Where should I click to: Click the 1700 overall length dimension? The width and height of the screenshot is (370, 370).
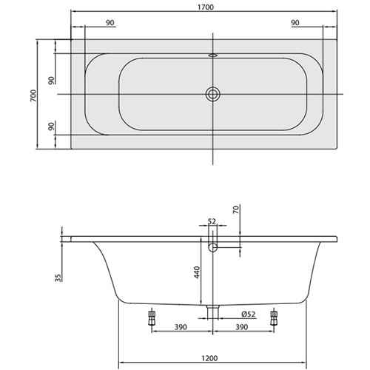[206, 7]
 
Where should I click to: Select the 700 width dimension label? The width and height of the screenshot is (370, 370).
[33, 95]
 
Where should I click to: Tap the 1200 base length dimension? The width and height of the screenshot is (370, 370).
[209, 358]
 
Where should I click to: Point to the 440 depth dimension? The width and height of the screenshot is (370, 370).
[197, 272]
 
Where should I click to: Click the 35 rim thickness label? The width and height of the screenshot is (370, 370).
[58, 277]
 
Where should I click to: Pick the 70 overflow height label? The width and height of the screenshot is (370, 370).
[236, 209]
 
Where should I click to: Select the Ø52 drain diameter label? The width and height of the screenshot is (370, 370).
[249, 314]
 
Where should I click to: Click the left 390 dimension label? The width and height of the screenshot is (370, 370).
[181, 327]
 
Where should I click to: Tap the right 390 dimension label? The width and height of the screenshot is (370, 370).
[242, 327]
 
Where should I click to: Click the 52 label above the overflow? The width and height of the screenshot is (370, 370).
[212, 221]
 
